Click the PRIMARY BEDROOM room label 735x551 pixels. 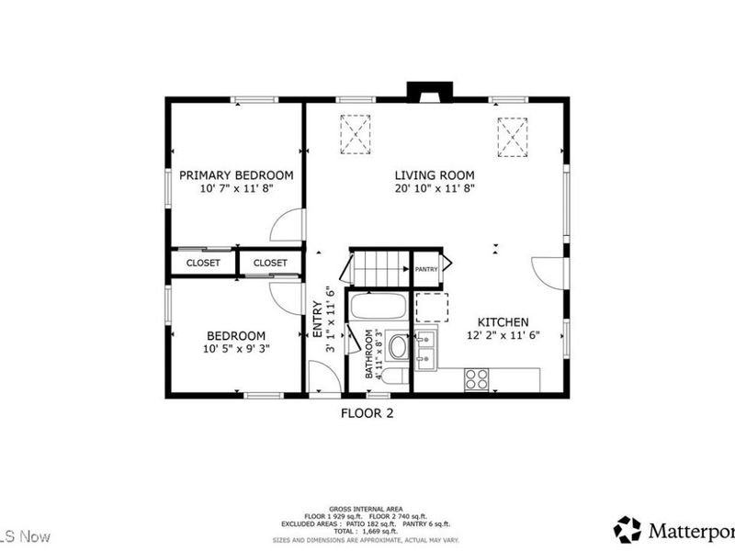tap(236, 174)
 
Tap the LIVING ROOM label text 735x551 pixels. tap(435, 174)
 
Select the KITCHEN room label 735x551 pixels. tap(502, 322)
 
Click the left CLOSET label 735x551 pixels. tap(203, 263)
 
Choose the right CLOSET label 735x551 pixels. tap(270, 263)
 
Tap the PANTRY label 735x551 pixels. tap(426, 269)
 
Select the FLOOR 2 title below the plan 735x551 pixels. tap(367, 413)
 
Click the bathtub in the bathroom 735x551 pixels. tap(377, 309)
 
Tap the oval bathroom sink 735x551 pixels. tap(398, 347)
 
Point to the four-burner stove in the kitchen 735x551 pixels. tap(476, 379)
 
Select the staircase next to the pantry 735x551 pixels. tap(379, 267)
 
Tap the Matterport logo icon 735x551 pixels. tap(628, 529)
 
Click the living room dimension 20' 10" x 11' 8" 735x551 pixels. tap(435, 188)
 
